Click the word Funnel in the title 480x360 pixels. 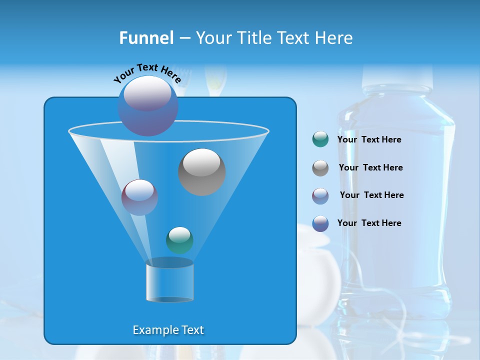click(146, 38)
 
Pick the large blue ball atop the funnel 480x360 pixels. click(147, 105)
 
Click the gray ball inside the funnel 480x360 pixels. click(201, 171)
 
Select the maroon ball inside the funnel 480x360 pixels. click(139, 197)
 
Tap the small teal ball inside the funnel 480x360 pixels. click(179, 240)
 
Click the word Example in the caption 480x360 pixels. click(151, 330)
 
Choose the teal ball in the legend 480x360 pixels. click(320, 139)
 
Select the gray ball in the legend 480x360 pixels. click(320, 167)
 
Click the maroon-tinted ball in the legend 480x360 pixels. click(320, 195)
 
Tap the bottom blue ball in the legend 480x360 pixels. click(320, 223)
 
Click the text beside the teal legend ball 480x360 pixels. click(369, 139)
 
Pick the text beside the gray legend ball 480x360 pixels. click(370, 167)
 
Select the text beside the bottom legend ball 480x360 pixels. click(369, 223)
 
